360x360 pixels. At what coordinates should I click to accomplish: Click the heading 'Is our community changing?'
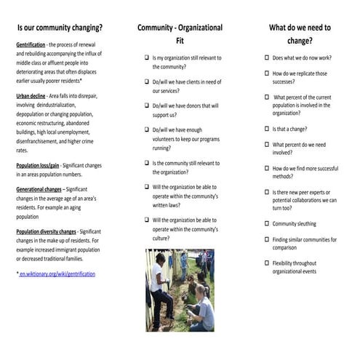click(x=60, y=28)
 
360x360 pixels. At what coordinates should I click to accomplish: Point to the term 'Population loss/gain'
click(x=38, y=165)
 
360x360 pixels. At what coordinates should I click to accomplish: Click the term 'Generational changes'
click(x=41, y=189)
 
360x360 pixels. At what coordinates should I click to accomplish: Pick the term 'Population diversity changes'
click(x=46, y=231)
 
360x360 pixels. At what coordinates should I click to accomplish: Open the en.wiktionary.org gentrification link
click(x=57, y=273)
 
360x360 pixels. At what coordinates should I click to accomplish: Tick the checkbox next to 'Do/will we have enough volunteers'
click(x=145, y=130)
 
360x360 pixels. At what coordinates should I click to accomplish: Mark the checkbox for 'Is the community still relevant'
click(x=145, y=163)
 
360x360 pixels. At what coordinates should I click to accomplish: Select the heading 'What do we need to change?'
click(x=300, y=34)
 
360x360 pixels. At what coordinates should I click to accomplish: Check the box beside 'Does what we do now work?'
click(x=266, y=57)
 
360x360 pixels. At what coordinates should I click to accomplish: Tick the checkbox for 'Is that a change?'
click(x=266, y=128)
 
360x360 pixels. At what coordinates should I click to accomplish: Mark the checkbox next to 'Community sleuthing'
click(x=266, y=224)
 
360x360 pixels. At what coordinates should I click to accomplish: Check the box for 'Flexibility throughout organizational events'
click(x=266, y=263)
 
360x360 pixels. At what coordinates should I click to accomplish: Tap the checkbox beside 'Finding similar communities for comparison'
click(x=266, y=239)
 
